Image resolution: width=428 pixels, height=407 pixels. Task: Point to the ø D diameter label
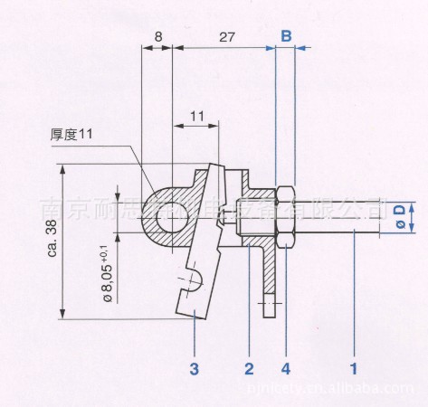point(397,218)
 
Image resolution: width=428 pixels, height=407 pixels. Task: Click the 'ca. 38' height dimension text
point(51,241)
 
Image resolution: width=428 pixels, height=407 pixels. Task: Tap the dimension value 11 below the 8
point(196,116)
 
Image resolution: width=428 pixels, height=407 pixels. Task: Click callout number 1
point(354,368)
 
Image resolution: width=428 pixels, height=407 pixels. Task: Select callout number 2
point(248,368)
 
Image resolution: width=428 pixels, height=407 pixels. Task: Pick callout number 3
point(194,368)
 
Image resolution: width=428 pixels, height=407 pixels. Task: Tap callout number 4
point(286,368)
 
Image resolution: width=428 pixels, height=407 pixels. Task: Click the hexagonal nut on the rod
point(284,215)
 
